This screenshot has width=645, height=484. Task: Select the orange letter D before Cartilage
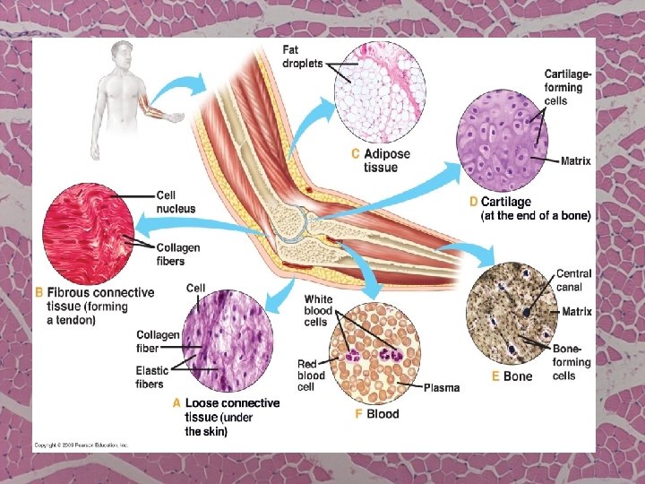tap(473, 203)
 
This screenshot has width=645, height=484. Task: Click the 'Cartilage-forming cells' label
tap(569, 87)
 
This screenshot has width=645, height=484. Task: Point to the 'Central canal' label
tap(573, 280)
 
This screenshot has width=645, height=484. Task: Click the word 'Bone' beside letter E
tap(518, 376)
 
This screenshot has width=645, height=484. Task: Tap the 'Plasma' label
tap(442, 387)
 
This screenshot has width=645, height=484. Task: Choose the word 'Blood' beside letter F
tap(383, 414)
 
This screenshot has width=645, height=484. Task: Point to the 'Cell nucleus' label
tap(176, 202)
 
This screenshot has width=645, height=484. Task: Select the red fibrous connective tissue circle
tap(95, 235)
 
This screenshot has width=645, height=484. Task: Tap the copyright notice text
tap(82, 445)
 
